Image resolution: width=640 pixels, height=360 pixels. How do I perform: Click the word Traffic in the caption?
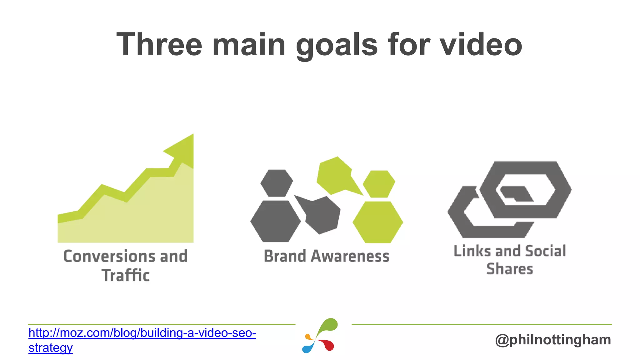tap(126, 276)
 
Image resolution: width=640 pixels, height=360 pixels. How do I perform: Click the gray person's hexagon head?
tap(277, 183)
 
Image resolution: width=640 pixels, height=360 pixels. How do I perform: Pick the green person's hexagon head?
tap(379, 184)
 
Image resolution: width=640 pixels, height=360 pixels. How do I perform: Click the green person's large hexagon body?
tap(377, 222)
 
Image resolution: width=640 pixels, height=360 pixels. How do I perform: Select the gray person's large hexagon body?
tap(275, 221)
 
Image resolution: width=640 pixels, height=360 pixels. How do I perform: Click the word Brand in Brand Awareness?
tap(285, 256)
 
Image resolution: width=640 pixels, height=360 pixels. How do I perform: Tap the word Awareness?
tap(350, 256)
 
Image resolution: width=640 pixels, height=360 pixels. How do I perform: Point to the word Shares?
tap(510, 269)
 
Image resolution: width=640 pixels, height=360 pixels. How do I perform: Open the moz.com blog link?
tap(142, 333)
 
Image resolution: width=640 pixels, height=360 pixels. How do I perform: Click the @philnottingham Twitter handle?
tap(553, 340)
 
